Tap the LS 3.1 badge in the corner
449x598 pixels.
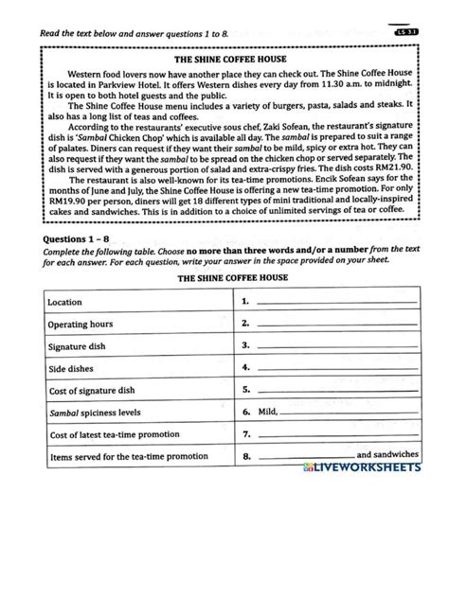[404, 35]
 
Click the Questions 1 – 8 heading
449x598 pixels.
[73, 240]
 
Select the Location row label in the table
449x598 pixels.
[69, 302]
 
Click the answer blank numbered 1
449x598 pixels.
[336, 304]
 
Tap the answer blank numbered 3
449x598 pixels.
[336, 347]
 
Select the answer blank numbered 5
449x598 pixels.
[336, 391]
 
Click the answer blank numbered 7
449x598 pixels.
[336, 436]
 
